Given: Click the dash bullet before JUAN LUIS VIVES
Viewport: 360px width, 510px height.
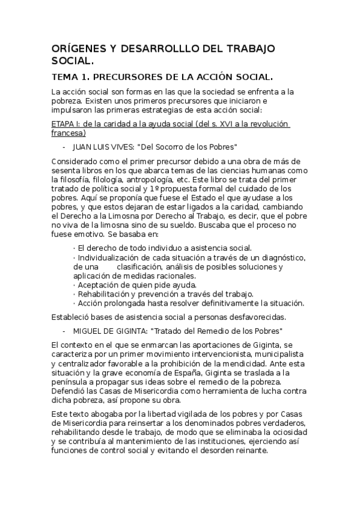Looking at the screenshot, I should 64,147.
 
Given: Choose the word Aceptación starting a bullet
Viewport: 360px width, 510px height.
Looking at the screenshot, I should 102,284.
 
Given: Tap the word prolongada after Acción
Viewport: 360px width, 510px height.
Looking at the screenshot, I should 121,303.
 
